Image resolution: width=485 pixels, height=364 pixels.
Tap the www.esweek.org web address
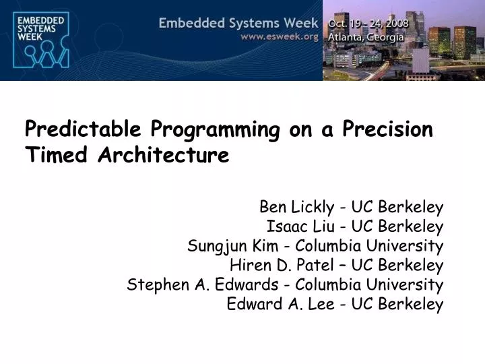pyautogui.click(x=280, y=37)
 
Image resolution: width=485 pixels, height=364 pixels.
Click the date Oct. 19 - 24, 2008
pyautogui.click(x=368, y=24)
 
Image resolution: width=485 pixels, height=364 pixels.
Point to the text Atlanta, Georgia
pyautogui.click(x=366, y=38)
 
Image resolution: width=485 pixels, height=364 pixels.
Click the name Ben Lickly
pyautogui.click(x=294, y=206)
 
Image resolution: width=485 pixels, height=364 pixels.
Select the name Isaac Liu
pyautogui.click(x=298, y=226)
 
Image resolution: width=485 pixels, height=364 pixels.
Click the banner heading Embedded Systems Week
pyautogui.click(x=238, y=24)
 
